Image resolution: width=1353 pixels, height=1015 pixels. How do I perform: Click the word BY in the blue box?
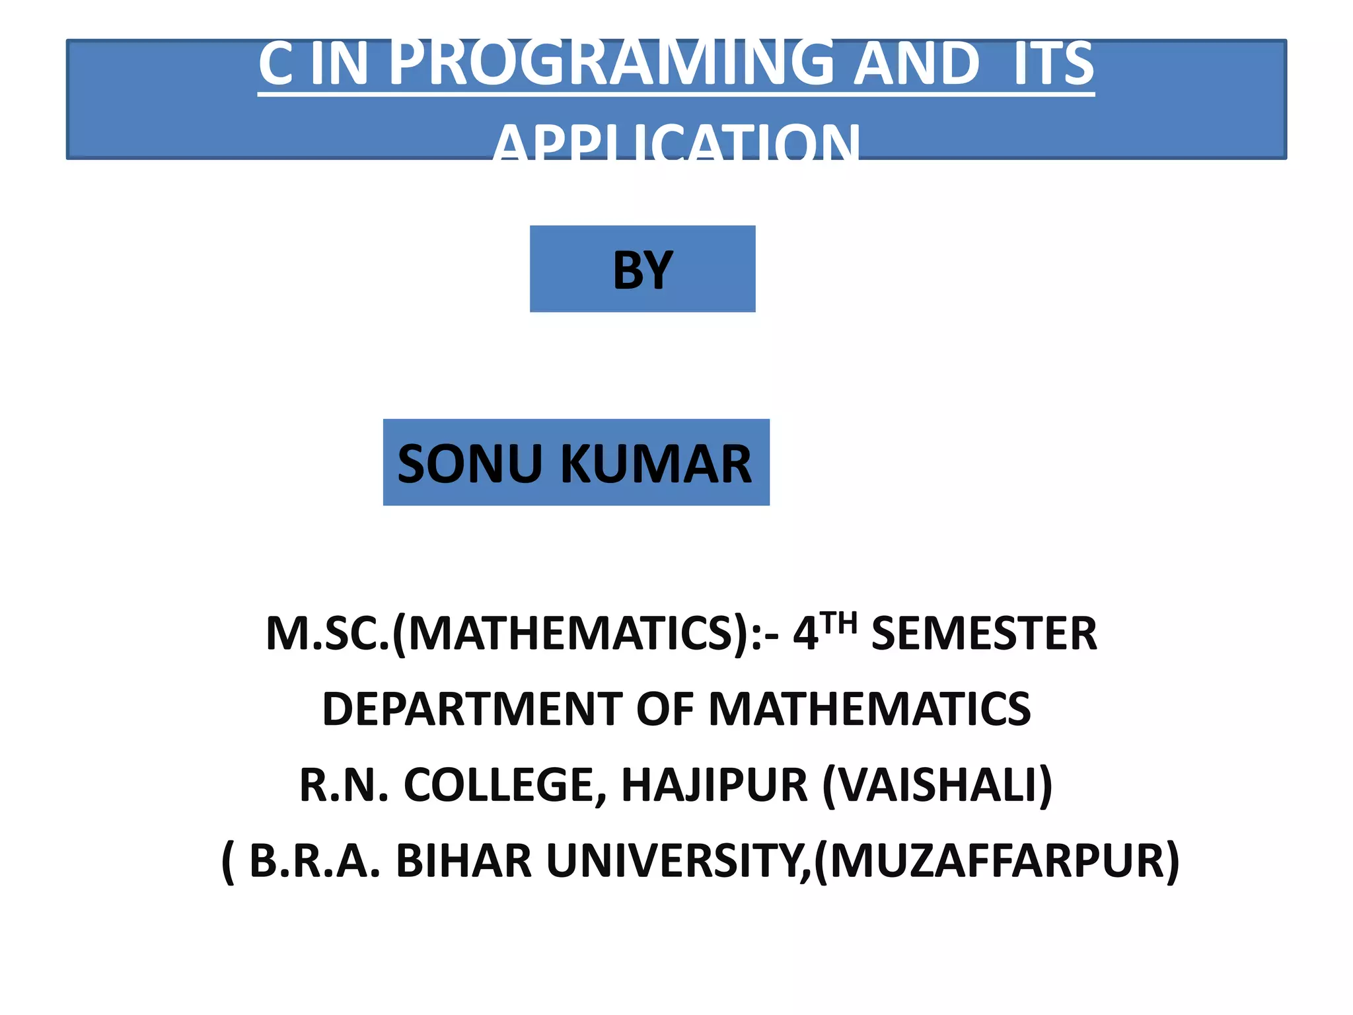coord(642,270)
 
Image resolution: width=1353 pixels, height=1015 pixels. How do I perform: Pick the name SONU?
coord(469,464)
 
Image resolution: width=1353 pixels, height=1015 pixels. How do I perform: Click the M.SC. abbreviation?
coord(328,634)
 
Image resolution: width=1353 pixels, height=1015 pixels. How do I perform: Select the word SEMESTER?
coord(984,634)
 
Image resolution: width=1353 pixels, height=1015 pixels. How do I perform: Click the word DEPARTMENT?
coord(471,709)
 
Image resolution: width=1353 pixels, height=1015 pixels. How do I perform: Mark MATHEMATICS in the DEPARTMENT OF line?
coord(869,709)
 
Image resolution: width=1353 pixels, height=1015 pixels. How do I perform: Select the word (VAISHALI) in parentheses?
coord(937,785)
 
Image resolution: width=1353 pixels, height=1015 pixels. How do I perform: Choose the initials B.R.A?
coord(314,861)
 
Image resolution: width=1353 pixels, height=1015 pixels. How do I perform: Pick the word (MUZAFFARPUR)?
coord(997,861)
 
